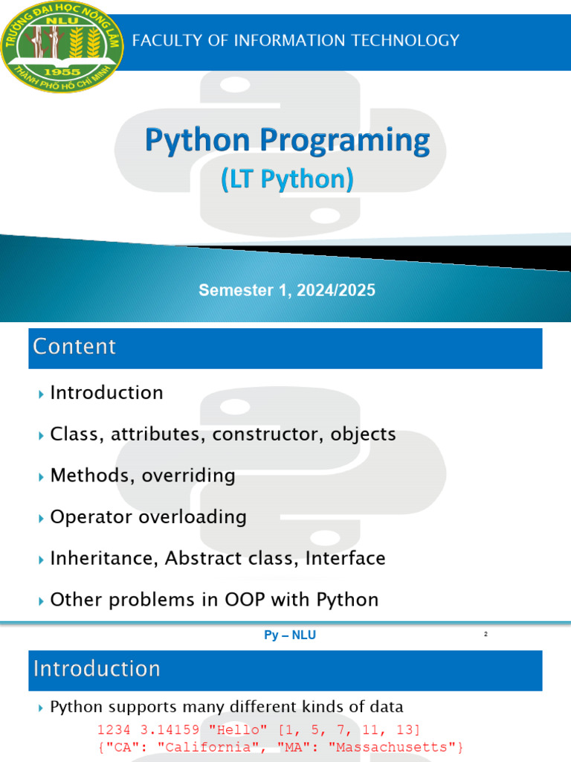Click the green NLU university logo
pos(62,47)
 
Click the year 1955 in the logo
pos(62,72)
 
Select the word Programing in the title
pos(345,141)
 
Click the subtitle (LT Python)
pos(287,179)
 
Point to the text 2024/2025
pos(336,290)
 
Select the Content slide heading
pos(74,347)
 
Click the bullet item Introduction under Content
pos(106,393)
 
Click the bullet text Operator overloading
pos(148,517)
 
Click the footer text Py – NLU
pos(290,635)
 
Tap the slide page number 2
pos(485,634)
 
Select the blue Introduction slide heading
pos(97,669)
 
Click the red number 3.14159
pos(170,730)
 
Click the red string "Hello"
pos(238,730)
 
